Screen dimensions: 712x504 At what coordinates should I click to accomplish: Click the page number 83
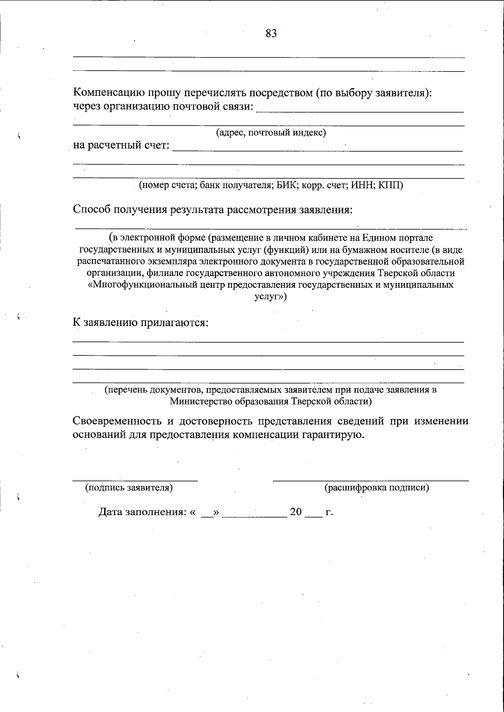271,34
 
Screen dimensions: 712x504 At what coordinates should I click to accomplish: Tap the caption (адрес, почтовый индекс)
271,133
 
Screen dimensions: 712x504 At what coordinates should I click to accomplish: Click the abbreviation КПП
390,185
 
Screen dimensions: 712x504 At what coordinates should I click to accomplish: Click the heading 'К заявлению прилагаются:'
141,323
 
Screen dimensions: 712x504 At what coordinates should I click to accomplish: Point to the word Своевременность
122,421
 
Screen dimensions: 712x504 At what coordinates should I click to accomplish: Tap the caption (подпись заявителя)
129,488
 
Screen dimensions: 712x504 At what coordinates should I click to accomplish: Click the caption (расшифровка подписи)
376,488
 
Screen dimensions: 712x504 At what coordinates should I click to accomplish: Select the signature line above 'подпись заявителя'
135,480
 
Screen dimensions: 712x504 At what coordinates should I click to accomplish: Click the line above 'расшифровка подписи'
370,480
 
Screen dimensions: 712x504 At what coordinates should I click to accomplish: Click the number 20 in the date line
296,512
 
